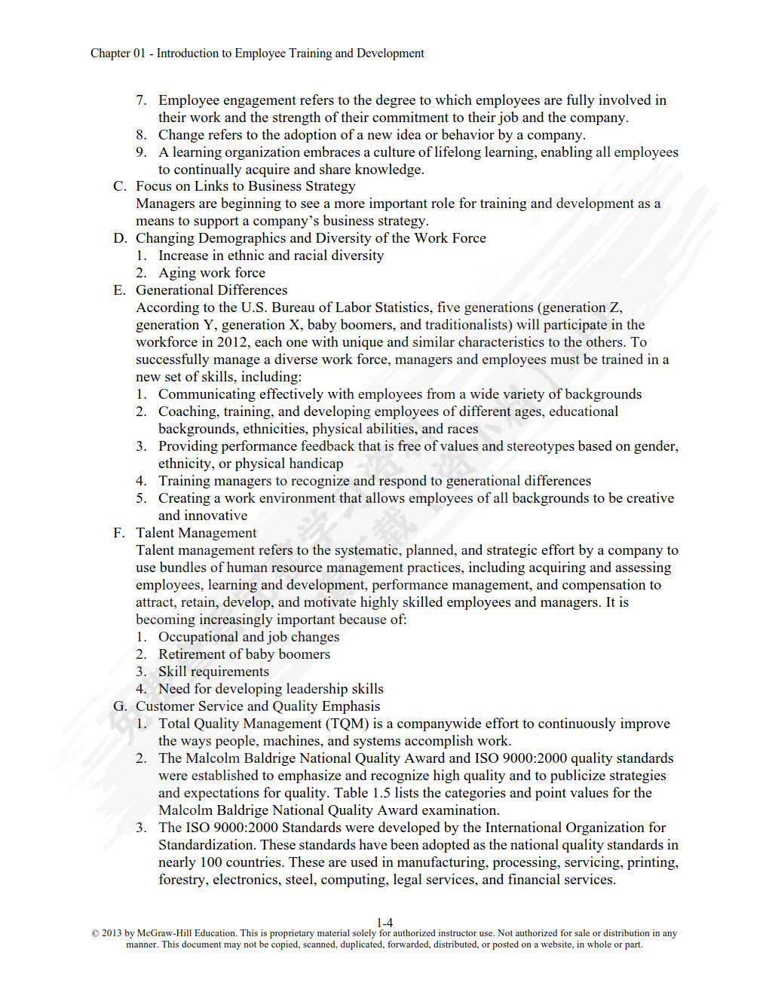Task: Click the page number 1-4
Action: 384,922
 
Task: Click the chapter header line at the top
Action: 257,54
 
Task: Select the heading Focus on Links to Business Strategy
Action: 245,186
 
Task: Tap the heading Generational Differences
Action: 211,290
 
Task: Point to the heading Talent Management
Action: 196,533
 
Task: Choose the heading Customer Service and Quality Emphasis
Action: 257,706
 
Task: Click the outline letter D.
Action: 120,238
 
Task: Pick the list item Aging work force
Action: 211,273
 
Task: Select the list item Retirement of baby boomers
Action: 244,654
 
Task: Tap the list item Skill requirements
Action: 213,672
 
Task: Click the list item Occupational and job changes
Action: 249,637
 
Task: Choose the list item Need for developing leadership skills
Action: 271,689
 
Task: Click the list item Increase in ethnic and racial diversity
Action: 271,256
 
